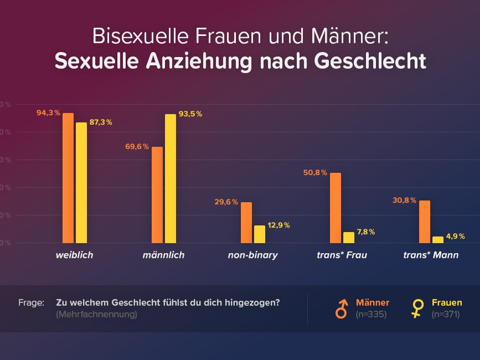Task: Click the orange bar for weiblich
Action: (68, 178)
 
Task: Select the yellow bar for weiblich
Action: (81, 182)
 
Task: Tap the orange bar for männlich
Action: (157, 194)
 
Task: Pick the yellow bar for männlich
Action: (170, 178)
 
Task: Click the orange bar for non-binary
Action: (246, 222)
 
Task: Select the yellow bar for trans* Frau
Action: (349, 237)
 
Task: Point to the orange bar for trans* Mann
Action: (424, 221)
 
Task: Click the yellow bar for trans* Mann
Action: (438, 239)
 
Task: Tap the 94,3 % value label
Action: (48, 113)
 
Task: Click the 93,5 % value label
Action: (190, 114)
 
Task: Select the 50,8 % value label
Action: (315, 173)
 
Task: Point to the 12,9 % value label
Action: (278, 225)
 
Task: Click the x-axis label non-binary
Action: (253, 255)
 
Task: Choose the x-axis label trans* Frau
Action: (341, 255)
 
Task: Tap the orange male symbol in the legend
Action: (341, 308)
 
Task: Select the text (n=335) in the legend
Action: (370, 314)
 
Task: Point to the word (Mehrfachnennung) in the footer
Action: (97, 314)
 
